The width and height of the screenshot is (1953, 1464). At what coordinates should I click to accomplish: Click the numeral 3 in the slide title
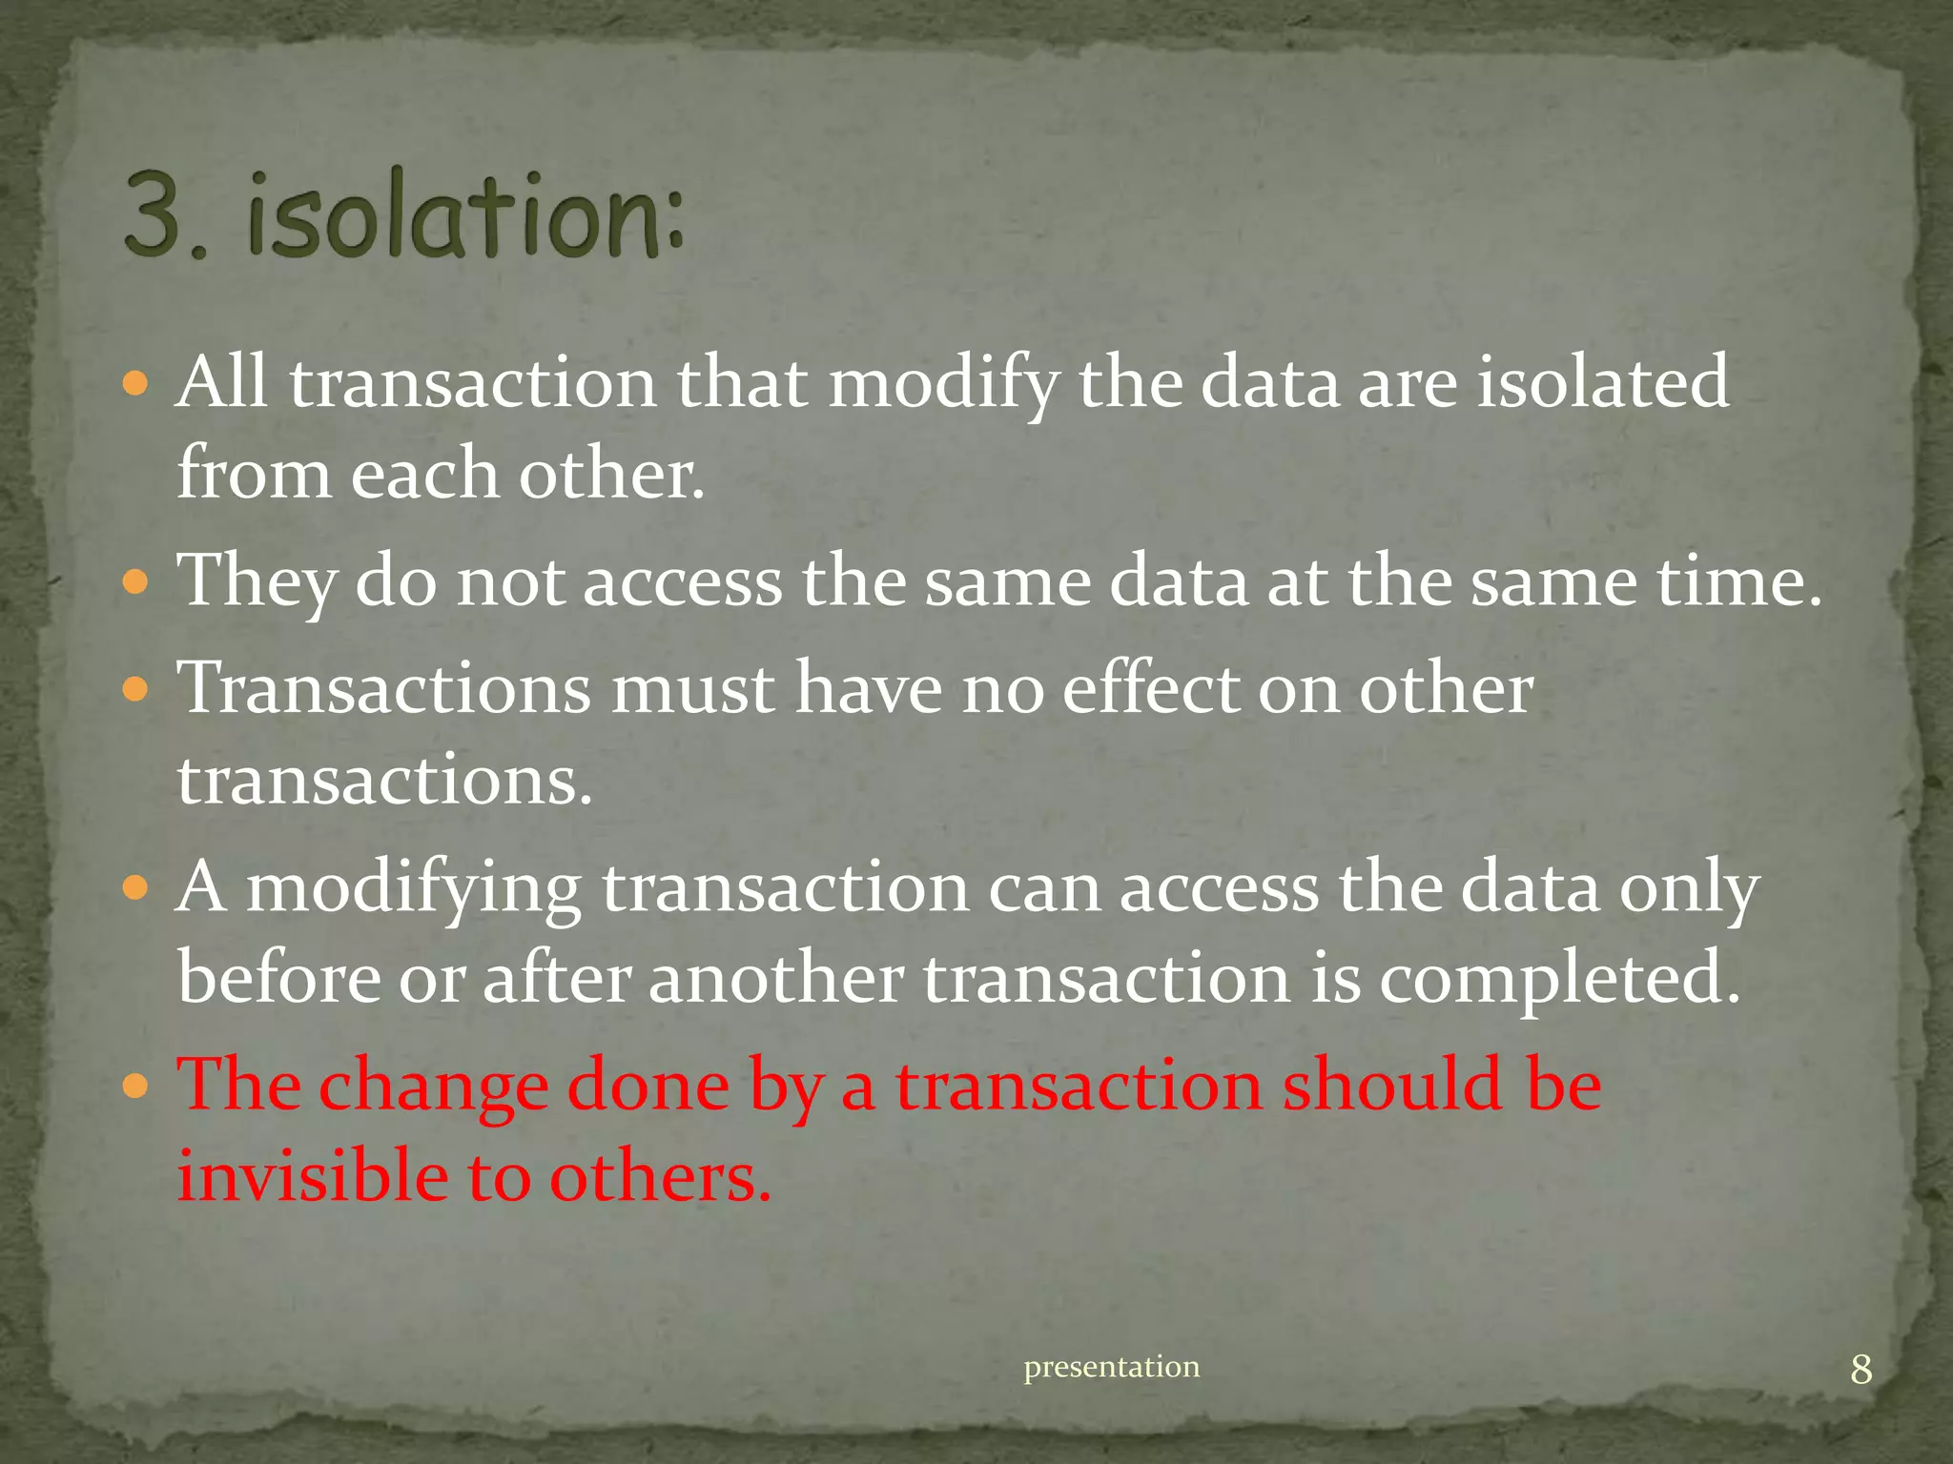[x=154, y=214]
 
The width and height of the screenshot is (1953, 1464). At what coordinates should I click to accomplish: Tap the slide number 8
[x=1860, y=1370]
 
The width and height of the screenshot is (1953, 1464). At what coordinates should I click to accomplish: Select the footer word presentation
[x=1111, y=1367]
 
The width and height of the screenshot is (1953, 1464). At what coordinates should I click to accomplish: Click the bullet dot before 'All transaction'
[x=137, y=384]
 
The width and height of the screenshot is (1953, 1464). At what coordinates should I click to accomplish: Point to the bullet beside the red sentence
[x=137, y=1086]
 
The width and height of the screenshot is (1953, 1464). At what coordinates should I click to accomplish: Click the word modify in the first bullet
[x=942, y=384]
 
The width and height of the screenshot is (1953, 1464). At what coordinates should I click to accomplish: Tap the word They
[x=256, y=581]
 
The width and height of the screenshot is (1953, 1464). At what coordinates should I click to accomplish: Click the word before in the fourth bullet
[x=278, y=979]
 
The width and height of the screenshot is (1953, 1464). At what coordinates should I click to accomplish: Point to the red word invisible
[x=311, y=1175]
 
